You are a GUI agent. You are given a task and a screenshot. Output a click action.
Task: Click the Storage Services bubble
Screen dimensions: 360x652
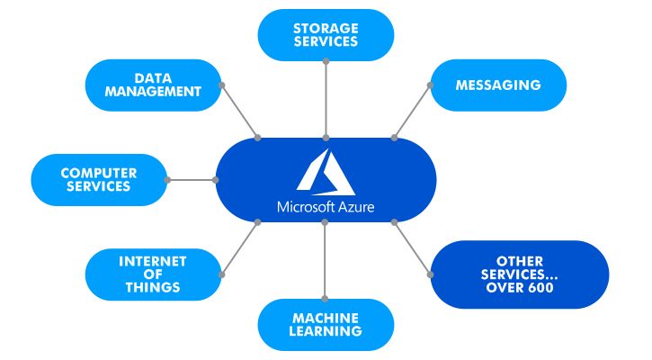tap(326, 34)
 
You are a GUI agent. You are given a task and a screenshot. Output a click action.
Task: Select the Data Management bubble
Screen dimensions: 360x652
tap(153, 85)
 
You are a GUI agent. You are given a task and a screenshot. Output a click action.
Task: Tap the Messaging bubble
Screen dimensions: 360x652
tap(498, 85)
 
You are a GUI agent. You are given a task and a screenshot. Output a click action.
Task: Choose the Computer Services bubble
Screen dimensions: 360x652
tap(99, 179)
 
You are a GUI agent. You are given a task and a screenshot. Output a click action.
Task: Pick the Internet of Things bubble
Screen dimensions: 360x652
tap(153, 274)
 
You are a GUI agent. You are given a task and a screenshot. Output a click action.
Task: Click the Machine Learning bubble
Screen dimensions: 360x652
tap(326, 324)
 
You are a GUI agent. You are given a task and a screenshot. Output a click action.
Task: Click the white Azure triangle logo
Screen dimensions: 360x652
tap(326, 171)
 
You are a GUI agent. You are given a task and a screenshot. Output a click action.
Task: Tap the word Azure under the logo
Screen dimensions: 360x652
tap(355, 208)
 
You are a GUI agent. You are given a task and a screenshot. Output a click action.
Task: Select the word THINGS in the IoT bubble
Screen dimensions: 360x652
tap(153, 288)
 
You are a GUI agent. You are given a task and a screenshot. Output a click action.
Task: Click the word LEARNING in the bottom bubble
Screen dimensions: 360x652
tap(326, 331)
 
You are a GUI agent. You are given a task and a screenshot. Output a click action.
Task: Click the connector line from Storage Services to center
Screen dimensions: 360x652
tap(326, 99)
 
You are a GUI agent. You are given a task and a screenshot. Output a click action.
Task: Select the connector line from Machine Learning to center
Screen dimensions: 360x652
tap(326, 261)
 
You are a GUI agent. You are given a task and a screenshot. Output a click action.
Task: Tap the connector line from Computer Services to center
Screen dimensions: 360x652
tap(192, 179)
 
